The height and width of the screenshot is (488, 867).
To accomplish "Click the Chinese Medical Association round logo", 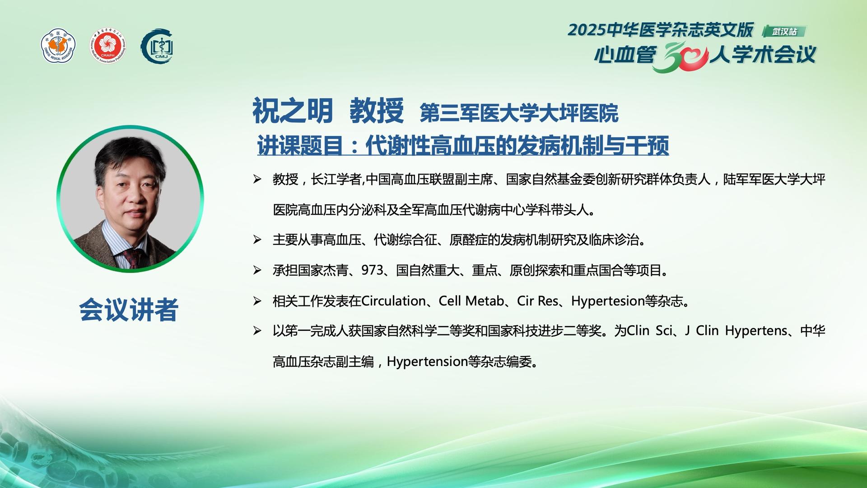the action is tap(59, 46).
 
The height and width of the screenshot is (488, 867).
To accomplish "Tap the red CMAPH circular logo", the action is tap(107, 46).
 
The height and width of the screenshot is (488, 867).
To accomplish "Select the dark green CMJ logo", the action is tap(157, 46).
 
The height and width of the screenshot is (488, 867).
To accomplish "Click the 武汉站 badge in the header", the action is tap(784, 31).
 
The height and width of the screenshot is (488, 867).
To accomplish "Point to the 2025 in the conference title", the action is tap(587, 30).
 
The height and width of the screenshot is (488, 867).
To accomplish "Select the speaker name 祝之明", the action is tap(293, 111).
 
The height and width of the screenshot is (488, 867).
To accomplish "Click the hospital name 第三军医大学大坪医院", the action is tap(519, 113).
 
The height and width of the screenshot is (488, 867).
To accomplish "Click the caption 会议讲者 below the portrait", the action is tap(129, 310).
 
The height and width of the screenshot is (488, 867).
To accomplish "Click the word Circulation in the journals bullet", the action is tap(394, 301).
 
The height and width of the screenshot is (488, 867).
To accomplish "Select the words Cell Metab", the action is tap(471, 301).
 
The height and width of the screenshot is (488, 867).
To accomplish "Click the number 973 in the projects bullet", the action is tap(372, 270).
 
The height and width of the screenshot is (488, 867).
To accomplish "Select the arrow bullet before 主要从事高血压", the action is tap(257, 240).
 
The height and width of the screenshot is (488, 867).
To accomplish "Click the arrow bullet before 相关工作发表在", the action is tap(257, 301).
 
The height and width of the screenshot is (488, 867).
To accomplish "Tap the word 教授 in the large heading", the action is tap(377, 111).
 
